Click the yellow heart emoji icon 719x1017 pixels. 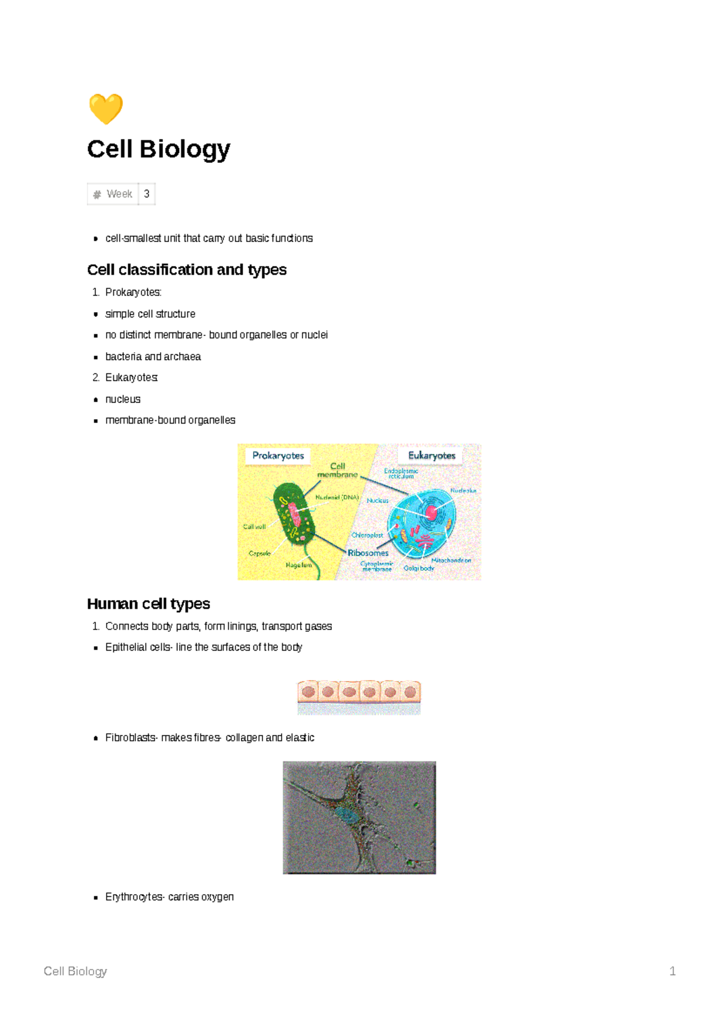point(105,108)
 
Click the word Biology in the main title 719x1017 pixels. point(185,149)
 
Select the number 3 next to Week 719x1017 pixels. point(146,194)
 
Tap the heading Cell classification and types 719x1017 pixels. point(186,270)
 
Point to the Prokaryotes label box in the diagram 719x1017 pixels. point(278,456)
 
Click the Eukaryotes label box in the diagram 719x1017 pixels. point(431,456)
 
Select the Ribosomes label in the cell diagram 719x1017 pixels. point(368,553)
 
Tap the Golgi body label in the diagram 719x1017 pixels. point(418,568)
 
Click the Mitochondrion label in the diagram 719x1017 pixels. point(451,560)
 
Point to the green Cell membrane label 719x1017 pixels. point(337,470)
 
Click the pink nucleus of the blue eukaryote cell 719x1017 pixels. point(431,513)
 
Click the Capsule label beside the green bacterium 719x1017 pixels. point(259,553)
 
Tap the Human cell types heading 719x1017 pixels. point(148,603)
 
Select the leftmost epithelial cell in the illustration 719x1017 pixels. point(308,692)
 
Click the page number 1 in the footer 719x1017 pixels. point(672,971)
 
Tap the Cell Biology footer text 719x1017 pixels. point(75,971)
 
